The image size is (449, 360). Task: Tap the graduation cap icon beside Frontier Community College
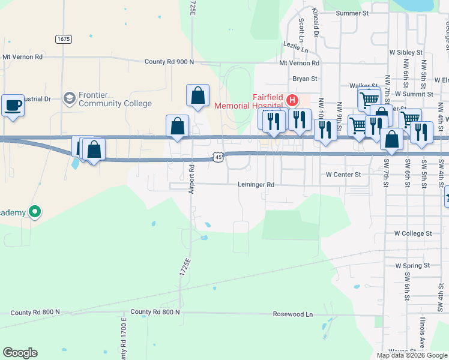[70, 98]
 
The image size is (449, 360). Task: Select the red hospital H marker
[292, 100]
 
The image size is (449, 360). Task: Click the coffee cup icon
[13, 106]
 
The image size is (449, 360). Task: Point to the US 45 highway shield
[218, 157]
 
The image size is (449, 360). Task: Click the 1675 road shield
[64, 39]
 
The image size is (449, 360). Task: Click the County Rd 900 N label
[170, 62]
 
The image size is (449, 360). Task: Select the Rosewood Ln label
[293, 314]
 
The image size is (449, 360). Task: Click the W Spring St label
[412, 265]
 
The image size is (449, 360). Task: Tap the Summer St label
[352, 13]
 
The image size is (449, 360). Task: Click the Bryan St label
[304, 79]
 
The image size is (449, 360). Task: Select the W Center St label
[343, 175]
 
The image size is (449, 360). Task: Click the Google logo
[20, 353]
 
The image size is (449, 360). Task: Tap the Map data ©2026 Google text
[411, 355]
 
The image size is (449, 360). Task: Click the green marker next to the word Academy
[35, 212]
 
